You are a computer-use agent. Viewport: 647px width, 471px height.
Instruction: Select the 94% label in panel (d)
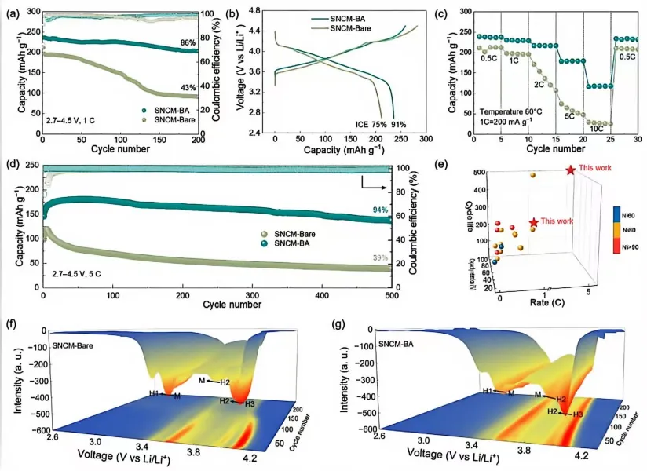click(x=379, y=210)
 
